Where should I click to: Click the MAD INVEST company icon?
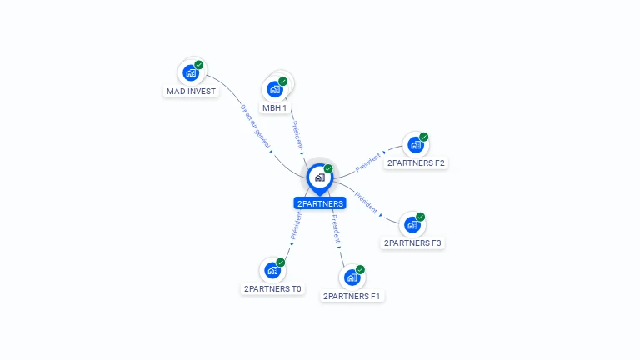(191, 73)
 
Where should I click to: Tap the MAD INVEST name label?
(191, 92)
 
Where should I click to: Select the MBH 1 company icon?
(275, 89)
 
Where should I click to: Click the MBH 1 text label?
(275, 108)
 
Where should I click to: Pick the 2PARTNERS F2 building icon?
(416, 145)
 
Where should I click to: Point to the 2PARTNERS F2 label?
(416, 162)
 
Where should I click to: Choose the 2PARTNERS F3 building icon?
(412, 225)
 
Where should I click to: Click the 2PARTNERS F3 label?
(412, 242)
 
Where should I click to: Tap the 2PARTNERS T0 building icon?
(272, 270)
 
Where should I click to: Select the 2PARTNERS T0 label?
(272, 288)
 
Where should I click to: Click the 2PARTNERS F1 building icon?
(352, 277)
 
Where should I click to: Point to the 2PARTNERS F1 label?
(352, 297)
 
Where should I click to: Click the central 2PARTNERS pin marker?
(320, 178)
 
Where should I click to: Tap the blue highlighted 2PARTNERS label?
(320, 203)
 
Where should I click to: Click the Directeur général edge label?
(256, 127)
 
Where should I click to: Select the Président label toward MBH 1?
(297, 135)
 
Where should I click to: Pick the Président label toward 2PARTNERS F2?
(367, 162)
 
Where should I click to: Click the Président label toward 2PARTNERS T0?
(296, 226)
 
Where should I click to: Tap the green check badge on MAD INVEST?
(199, 65)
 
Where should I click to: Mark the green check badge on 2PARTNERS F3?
(420, 217)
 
